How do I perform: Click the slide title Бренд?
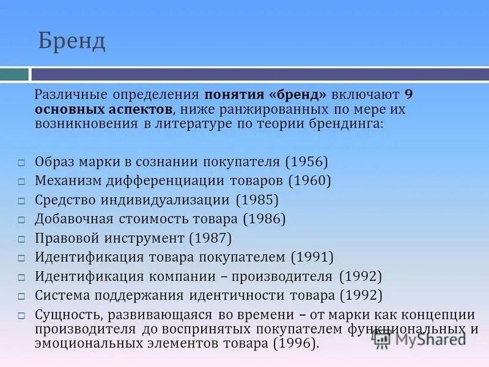click(x=72, y=42)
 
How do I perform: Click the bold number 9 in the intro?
click(x=409, y=95)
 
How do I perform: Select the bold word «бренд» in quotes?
click(x=299, y=95)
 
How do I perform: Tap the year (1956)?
click(x=306, y=162)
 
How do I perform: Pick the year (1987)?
click(x=210, y=238)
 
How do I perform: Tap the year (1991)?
click(x=312, y=257)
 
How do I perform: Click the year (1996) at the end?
click(x=295, y=343)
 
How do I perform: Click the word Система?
click(x=61, y=295)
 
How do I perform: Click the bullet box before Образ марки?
click(x=21, y=163)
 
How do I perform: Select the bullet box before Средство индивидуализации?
click(x=21, y=201)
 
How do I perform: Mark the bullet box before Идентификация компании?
click(x=21, y=277)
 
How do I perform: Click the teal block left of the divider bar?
click(x=14, y=75)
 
